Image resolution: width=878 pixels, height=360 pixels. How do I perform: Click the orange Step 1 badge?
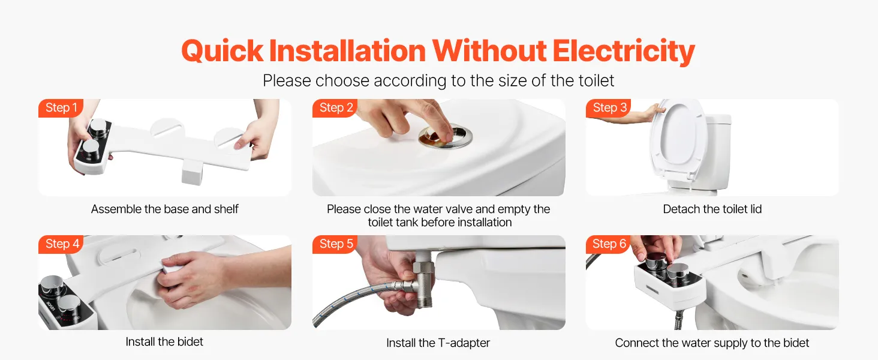click(61, 108)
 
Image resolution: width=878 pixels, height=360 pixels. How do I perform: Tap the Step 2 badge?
click(335, 108)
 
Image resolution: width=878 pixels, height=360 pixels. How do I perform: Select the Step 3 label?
click(609, 108)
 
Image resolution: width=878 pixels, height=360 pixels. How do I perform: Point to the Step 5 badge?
click(335, 244)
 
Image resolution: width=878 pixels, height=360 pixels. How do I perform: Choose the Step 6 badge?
click(609, 244)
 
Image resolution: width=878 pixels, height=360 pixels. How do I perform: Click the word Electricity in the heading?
click(624, 52)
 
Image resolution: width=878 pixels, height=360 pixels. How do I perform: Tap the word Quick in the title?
click(222, 52)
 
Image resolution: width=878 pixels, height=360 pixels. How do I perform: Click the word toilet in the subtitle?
click(594, 81)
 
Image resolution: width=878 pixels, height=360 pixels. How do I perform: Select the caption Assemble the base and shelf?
click(164, 209)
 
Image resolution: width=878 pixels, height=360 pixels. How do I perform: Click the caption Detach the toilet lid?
click(712, 209)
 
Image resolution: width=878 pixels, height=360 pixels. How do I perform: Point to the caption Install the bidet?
click(164, 341)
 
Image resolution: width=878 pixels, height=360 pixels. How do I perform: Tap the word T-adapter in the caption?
click(464, 343)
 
